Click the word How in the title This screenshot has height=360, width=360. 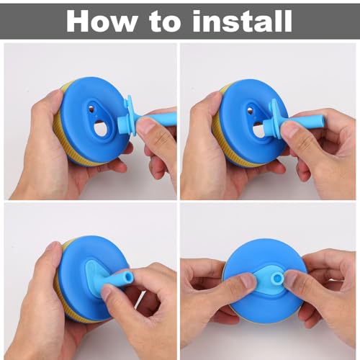pos(101,21)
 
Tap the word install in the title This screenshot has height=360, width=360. pos(243,21)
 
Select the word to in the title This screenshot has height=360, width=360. pos(166,22)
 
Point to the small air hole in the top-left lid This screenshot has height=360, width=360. pos(91,109)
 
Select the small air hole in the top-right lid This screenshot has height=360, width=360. pos(251,110)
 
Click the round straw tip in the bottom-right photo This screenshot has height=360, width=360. pos(277,279)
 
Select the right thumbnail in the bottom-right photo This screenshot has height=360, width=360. pos(290,278)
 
